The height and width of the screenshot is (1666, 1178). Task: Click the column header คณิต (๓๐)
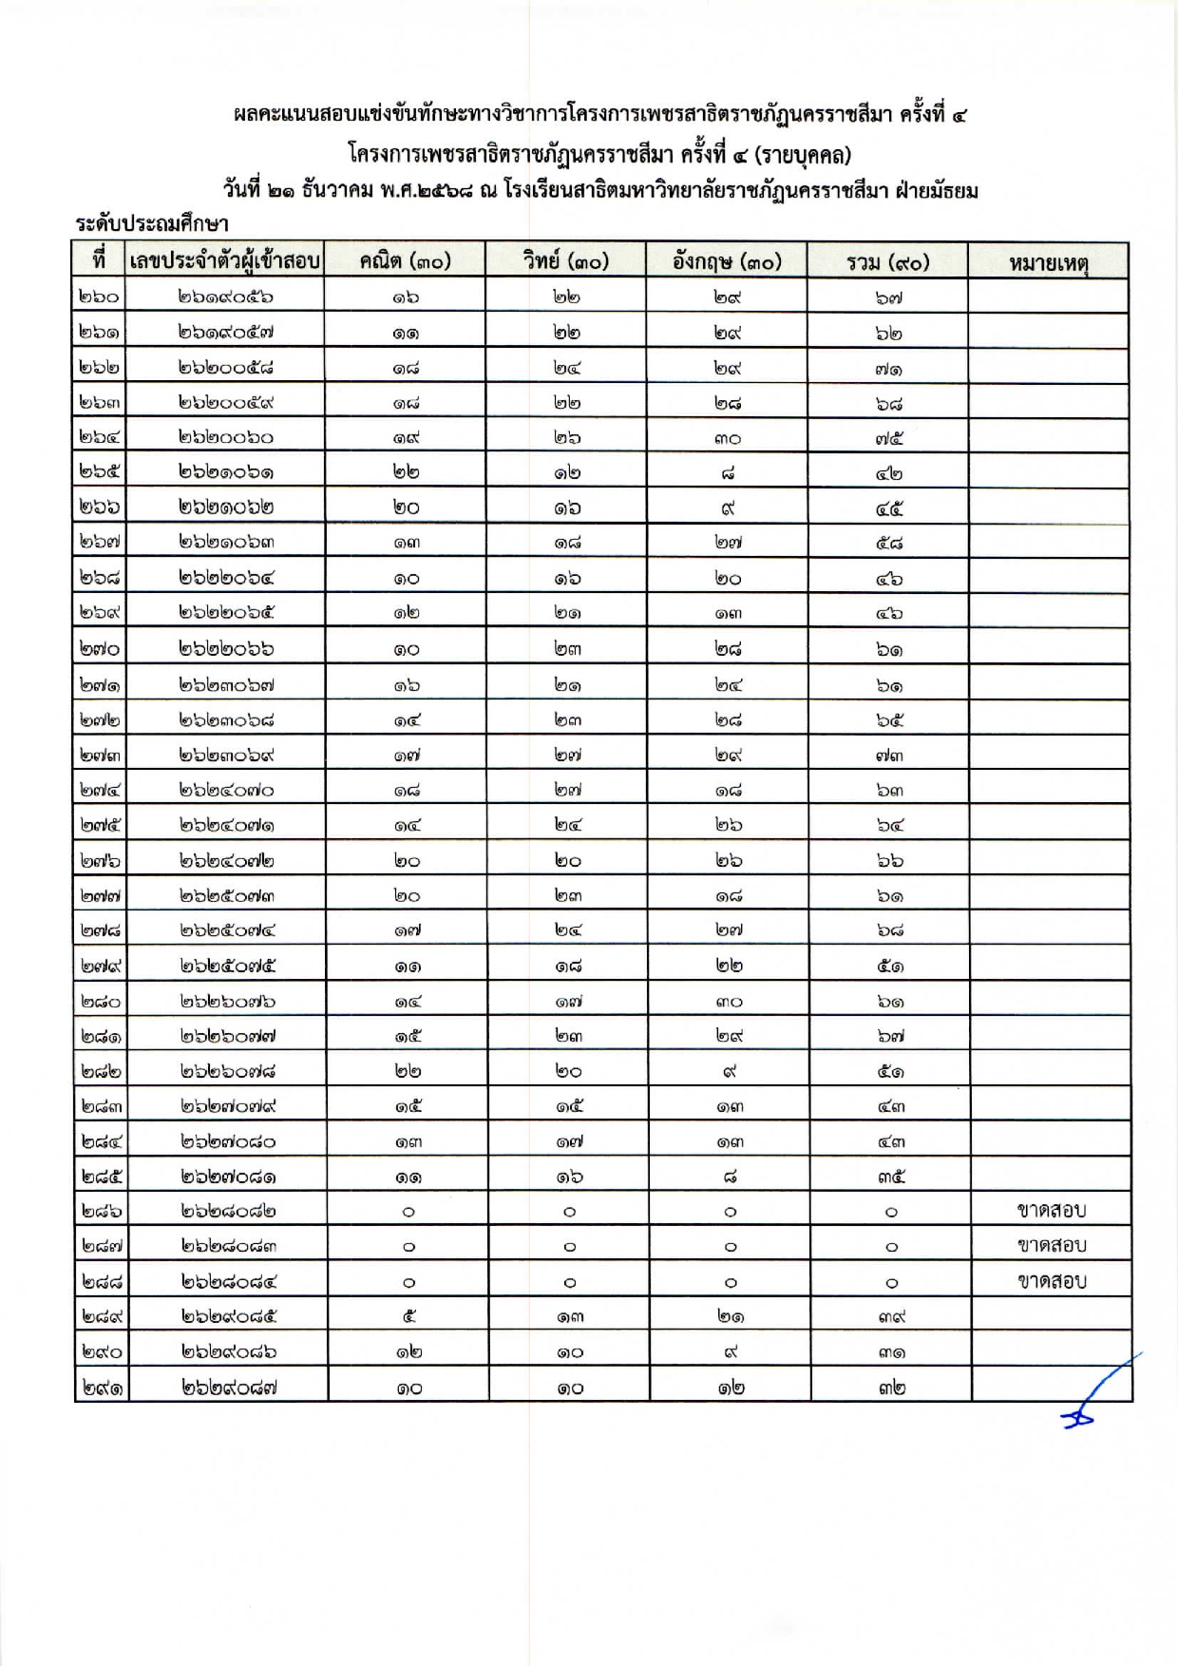[405, 261]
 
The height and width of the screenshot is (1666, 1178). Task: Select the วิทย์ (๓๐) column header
[565, 261]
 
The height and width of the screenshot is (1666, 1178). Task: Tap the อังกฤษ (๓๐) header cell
[727, 261]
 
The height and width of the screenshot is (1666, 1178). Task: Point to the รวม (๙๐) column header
[887, 261]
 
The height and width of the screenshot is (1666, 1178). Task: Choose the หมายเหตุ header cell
[1049, 262]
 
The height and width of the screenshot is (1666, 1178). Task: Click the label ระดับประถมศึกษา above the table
[152, 224]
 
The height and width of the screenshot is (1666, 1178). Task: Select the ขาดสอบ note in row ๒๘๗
[1052, 1245]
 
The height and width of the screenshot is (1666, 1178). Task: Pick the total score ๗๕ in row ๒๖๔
[889, 438]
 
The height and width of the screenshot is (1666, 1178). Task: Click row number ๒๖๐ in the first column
[99, 297]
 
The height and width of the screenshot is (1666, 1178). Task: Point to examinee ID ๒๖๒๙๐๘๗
[228, 1387]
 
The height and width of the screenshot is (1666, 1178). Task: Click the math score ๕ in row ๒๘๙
[408, 1316]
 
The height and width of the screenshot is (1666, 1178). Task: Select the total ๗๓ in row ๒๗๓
[889, 756]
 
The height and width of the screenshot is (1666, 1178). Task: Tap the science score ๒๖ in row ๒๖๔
[567, 438]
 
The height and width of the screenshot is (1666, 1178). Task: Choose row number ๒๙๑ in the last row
[101, 1387]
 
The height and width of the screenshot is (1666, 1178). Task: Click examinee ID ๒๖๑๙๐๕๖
[225, 297]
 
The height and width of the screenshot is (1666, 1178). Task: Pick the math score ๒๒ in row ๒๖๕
[407, 473]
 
